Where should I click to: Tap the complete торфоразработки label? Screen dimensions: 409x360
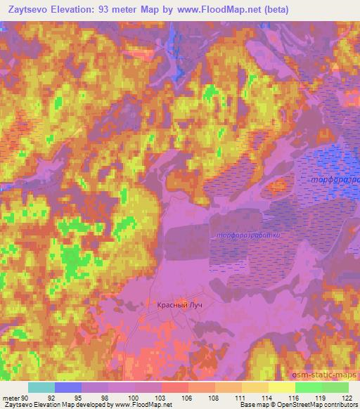point(249,234)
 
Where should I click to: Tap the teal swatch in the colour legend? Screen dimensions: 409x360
point(41,387)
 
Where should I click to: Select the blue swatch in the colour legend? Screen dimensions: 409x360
point(68,387)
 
